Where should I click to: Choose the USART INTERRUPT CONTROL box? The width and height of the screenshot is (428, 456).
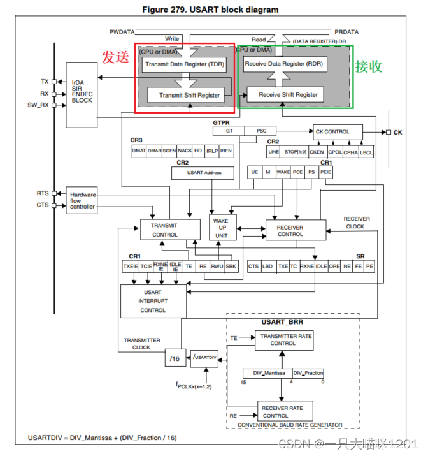click(x=153, y=301)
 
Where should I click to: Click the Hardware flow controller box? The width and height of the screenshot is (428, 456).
click(x=82, y=200)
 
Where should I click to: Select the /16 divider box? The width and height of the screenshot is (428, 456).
click(x=175, y=359)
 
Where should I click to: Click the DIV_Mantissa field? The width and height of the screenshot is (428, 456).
click(x=267, y=373)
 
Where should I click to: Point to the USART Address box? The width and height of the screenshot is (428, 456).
click(x=204, y=173)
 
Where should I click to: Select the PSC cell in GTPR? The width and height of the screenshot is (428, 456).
click(x=261, y=131)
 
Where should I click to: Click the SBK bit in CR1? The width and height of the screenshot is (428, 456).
click(x=231, y=267)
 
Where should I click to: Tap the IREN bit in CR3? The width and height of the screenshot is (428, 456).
click(x=226, y=151)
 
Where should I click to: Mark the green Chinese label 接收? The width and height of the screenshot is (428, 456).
click(x=369, y=66)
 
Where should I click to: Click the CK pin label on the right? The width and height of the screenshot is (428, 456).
click(x=398, y=132)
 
